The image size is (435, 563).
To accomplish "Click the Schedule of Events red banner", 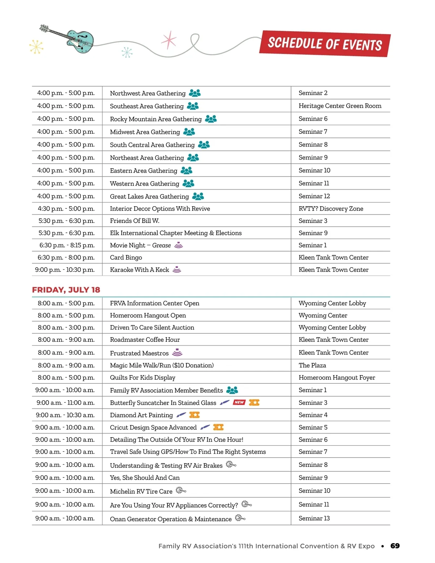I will (325, 44).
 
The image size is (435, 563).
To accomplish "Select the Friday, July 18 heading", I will (66, 290).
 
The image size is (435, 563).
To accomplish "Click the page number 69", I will (395, 546).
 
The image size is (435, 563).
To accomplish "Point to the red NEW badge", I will (239, 402).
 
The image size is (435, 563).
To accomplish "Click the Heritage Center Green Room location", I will (340, 106).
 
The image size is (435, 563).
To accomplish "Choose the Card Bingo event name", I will (126, 257).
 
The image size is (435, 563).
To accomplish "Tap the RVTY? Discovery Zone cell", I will (331, 208).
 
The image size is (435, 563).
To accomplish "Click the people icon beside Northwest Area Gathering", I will (195, 93).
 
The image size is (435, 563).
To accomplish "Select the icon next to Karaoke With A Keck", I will (177, 269).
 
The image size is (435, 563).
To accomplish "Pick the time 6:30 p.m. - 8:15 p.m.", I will (67, 245).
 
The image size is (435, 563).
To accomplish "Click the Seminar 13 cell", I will (314, 518).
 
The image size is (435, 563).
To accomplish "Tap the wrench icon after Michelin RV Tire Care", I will (181, 490).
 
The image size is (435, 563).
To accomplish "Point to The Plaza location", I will (312, 365).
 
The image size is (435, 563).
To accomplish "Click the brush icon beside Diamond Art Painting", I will (181, 415).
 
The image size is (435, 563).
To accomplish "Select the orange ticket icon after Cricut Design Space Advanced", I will (218, 427).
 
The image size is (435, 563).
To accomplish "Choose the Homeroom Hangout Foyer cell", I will (336, 377).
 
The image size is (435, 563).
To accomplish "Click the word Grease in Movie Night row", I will (161, 245).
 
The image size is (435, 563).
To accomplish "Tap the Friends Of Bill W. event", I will (134, 221).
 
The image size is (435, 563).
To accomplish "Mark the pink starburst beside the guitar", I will (169, 40).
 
